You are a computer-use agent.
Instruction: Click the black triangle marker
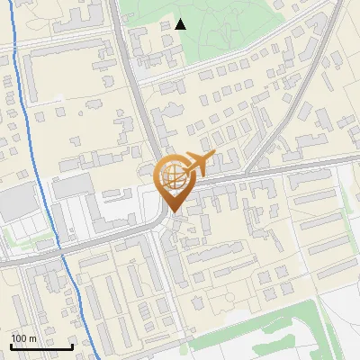tap(181, 24)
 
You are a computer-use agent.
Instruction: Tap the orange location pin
tap(172, 184)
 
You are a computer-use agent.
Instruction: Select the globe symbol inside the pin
tap(172, 176)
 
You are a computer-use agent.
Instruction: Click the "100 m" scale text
tap(23, 338)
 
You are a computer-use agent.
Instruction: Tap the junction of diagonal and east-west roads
tap(249, 170)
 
